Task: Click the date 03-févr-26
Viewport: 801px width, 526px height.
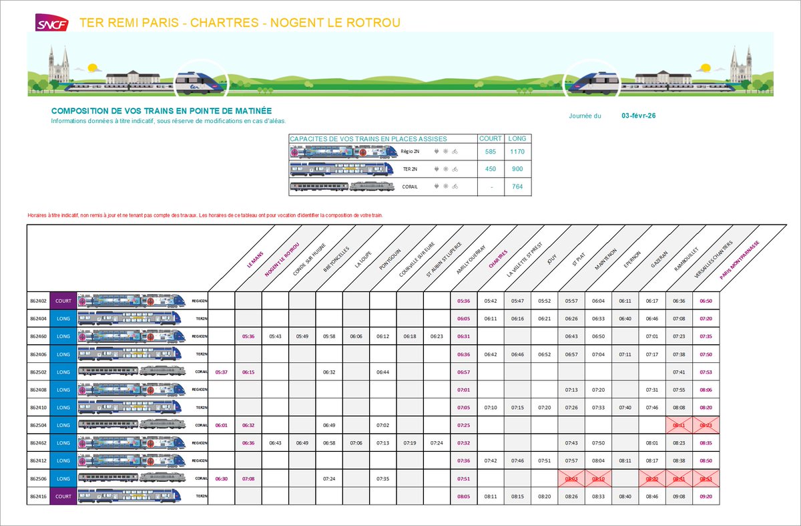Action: coord(638,116)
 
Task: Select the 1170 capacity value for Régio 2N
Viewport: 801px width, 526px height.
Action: coord(517,152)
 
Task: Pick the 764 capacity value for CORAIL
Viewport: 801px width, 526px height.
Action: coord(517,186)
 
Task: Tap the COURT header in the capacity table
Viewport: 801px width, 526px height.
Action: coord(491,139)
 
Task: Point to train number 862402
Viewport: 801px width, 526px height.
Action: coord(38,301)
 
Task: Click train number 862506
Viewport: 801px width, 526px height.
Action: coord(38,479)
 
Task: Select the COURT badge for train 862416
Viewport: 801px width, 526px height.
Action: coord(63,497)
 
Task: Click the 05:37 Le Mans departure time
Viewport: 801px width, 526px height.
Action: coord(222,372)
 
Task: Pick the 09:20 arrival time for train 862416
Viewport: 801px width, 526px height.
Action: coord(706,497)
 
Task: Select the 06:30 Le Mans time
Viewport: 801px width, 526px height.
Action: coord(222,479)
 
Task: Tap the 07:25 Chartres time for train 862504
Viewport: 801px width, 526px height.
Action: coord(464,425)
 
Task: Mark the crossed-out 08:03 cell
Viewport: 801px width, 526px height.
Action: coord(571,479)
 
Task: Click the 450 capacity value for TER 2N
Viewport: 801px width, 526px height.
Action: coord(491,169)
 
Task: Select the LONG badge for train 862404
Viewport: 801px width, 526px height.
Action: coord(63,318)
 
